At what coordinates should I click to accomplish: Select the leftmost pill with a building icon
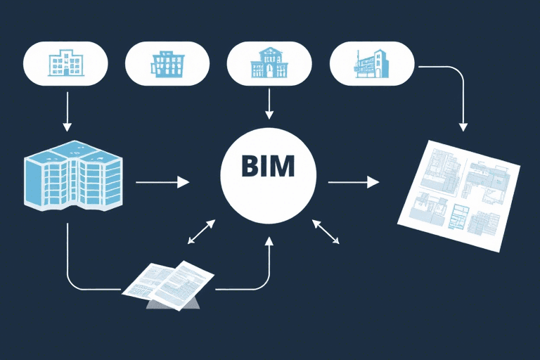tap(67, 63)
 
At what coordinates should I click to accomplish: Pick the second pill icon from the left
tap(167, 63)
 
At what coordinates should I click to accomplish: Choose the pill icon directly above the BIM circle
tap(269, 63)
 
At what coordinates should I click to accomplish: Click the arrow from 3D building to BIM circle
tap(162, 182)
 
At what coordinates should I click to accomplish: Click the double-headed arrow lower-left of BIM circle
tap(201, 232)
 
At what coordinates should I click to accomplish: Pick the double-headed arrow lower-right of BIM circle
tap(326, 232)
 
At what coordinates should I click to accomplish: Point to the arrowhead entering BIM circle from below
tap(269, 241)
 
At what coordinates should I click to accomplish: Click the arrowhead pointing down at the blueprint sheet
tap(463, 126)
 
